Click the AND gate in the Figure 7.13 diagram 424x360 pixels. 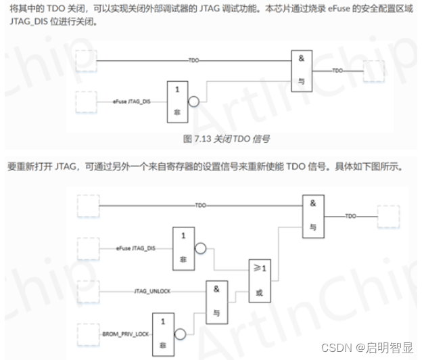[302, 70]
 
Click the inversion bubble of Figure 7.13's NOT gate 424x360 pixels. [194, 102]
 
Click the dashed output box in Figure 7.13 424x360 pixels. [374, 70]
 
